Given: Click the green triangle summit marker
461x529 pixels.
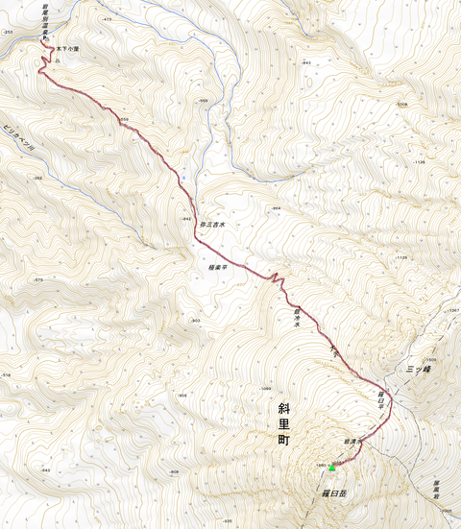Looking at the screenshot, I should tap(332, 468).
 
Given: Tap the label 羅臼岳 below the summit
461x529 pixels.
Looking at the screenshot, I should tap(334, 491).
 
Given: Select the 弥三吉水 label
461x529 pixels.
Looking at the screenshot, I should tap(212, 225).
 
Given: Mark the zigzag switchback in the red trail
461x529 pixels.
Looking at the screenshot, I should tap(275, 279).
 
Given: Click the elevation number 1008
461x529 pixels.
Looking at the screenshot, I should tap(402, 104).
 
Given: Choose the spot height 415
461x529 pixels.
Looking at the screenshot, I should tap(108, 18).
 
